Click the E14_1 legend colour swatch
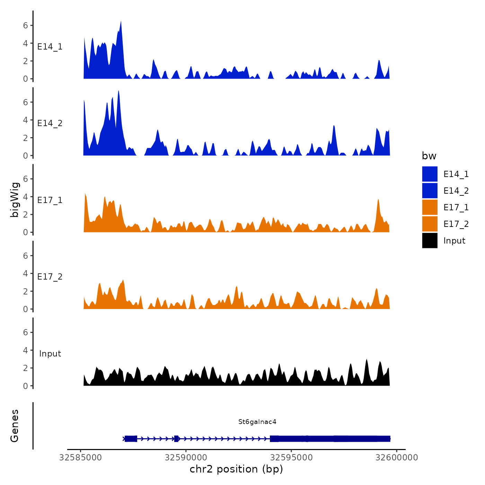pos(430,174)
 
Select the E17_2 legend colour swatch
pos(430,224)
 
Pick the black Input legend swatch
pos(430,240)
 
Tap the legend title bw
pos(429,156)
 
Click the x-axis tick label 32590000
pos(186,458)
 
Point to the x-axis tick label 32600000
pos(397,458)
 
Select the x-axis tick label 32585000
pos(81,458)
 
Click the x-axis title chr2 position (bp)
pos(236,469)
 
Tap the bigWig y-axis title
pos(15,200)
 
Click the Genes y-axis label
pos(15,426)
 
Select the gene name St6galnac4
pos(257,422)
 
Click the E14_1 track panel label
pos(50,47)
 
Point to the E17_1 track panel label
pos(50,200)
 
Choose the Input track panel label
pos(50,354)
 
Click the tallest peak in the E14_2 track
pos(118,92)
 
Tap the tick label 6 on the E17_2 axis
pos(25,256)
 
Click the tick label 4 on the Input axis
pos(25,350)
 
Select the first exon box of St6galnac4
pos(131,439)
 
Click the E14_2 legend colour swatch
pos(430,191)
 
